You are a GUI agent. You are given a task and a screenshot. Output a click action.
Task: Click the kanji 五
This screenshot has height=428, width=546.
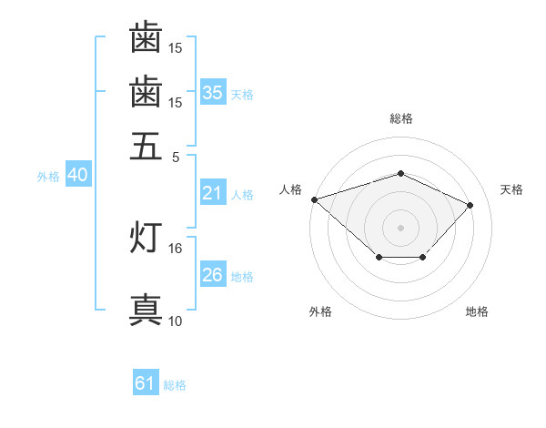click(x=146, y=146)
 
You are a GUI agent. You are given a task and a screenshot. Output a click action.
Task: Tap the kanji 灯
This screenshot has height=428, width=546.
click(x=146, y=237)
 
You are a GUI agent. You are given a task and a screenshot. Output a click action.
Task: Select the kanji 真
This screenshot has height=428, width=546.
click(x=146, y=310)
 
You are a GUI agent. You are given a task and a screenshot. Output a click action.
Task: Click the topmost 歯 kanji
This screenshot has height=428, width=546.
click(x=146, y=36)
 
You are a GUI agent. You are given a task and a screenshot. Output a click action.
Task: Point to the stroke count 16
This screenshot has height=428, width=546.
click(x=175, y=249)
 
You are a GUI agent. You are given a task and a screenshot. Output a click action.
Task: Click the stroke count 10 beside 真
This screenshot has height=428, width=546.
click(x=175, y=321)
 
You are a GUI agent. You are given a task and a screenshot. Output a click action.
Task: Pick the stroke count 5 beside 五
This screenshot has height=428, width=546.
click(x=176, y=158)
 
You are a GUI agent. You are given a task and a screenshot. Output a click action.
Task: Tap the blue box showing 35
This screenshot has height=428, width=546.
click(x=213, y=92)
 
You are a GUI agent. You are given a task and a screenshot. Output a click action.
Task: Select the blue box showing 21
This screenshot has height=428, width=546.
click(x=213, y=192)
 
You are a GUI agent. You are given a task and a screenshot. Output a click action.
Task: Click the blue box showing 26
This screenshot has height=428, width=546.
click(x=213, y=273)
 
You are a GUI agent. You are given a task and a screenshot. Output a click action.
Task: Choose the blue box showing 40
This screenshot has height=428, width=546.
click(x=78, y=174)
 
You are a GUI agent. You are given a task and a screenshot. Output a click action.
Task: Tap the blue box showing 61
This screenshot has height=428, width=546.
click(x=146, y=382)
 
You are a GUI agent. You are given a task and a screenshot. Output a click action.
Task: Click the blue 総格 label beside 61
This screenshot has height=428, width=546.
click(x=175, y=385)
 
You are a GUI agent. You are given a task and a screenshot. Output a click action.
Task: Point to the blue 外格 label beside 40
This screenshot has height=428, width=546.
click(x=48, y=177)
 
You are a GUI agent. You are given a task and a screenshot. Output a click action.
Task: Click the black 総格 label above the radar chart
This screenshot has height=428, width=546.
click(x=401, y=118)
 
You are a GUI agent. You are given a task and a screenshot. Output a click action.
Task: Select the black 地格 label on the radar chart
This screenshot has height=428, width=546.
click(x=477, y=311)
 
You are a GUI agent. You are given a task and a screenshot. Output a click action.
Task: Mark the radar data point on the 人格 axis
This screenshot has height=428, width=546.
click(x=315, y=199)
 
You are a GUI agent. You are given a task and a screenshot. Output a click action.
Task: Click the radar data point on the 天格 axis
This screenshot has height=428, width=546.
click(x=470, y=205)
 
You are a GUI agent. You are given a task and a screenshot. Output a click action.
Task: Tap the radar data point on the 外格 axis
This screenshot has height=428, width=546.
click(x=379, y=257)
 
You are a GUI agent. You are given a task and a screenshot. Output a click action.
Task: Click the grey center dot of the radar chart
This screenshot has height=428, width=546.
click(x=400, y=228)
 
